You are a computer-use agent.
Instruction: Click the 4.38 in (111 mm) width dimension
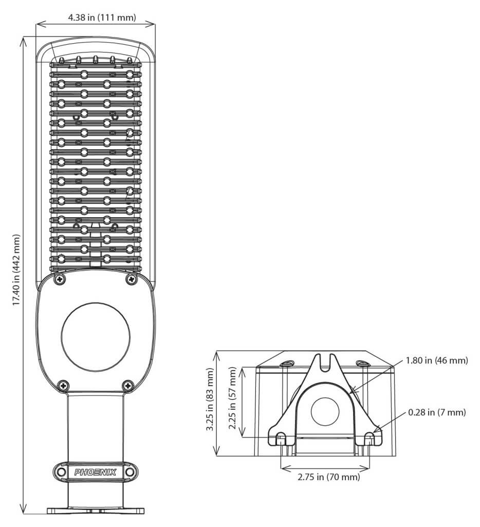[102, 17]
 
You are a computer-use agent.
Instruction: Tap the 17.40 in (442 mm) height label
[16, 270]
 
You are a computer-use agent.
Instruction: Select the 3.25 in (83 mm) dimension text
[210, 399]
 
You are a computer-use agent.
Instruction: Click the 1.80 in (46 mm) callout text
[437, 361]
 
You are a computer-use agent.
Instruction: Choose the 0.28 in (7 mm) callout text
[437, 412]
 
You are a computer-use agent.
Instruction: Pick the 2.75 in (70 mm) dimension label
[328, 477]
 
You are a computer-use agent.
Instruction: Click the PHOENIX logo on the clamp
[95, 472]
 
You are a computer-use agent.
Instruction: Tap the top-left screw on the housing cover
[60, 278]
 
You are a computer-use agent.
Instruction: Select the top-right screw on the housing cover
[131, 278]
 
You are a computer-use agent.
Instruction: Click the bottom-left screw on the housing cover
[63, 385]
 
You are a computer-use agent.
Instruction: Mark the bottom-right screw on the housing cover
[128, 385]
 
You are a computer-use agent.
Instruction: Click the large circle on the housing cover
[95, 337]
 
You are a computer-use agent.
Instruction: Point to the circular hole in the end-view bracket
[325, 412]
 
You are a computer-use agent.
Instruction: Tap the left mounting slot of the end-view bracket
[281, 438]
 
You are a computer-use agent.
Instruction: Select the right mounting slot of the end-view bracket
[369, 438]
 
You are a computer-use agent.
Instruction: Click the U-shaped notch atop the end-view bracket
[325, 362]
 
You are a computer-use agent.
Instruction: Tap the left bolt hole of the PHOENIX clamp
[61, 472]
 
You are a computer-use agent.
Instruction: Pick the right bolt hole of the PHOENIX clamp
[129, 472]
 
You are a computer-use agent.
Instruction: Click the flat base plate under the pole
[96, 511]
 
